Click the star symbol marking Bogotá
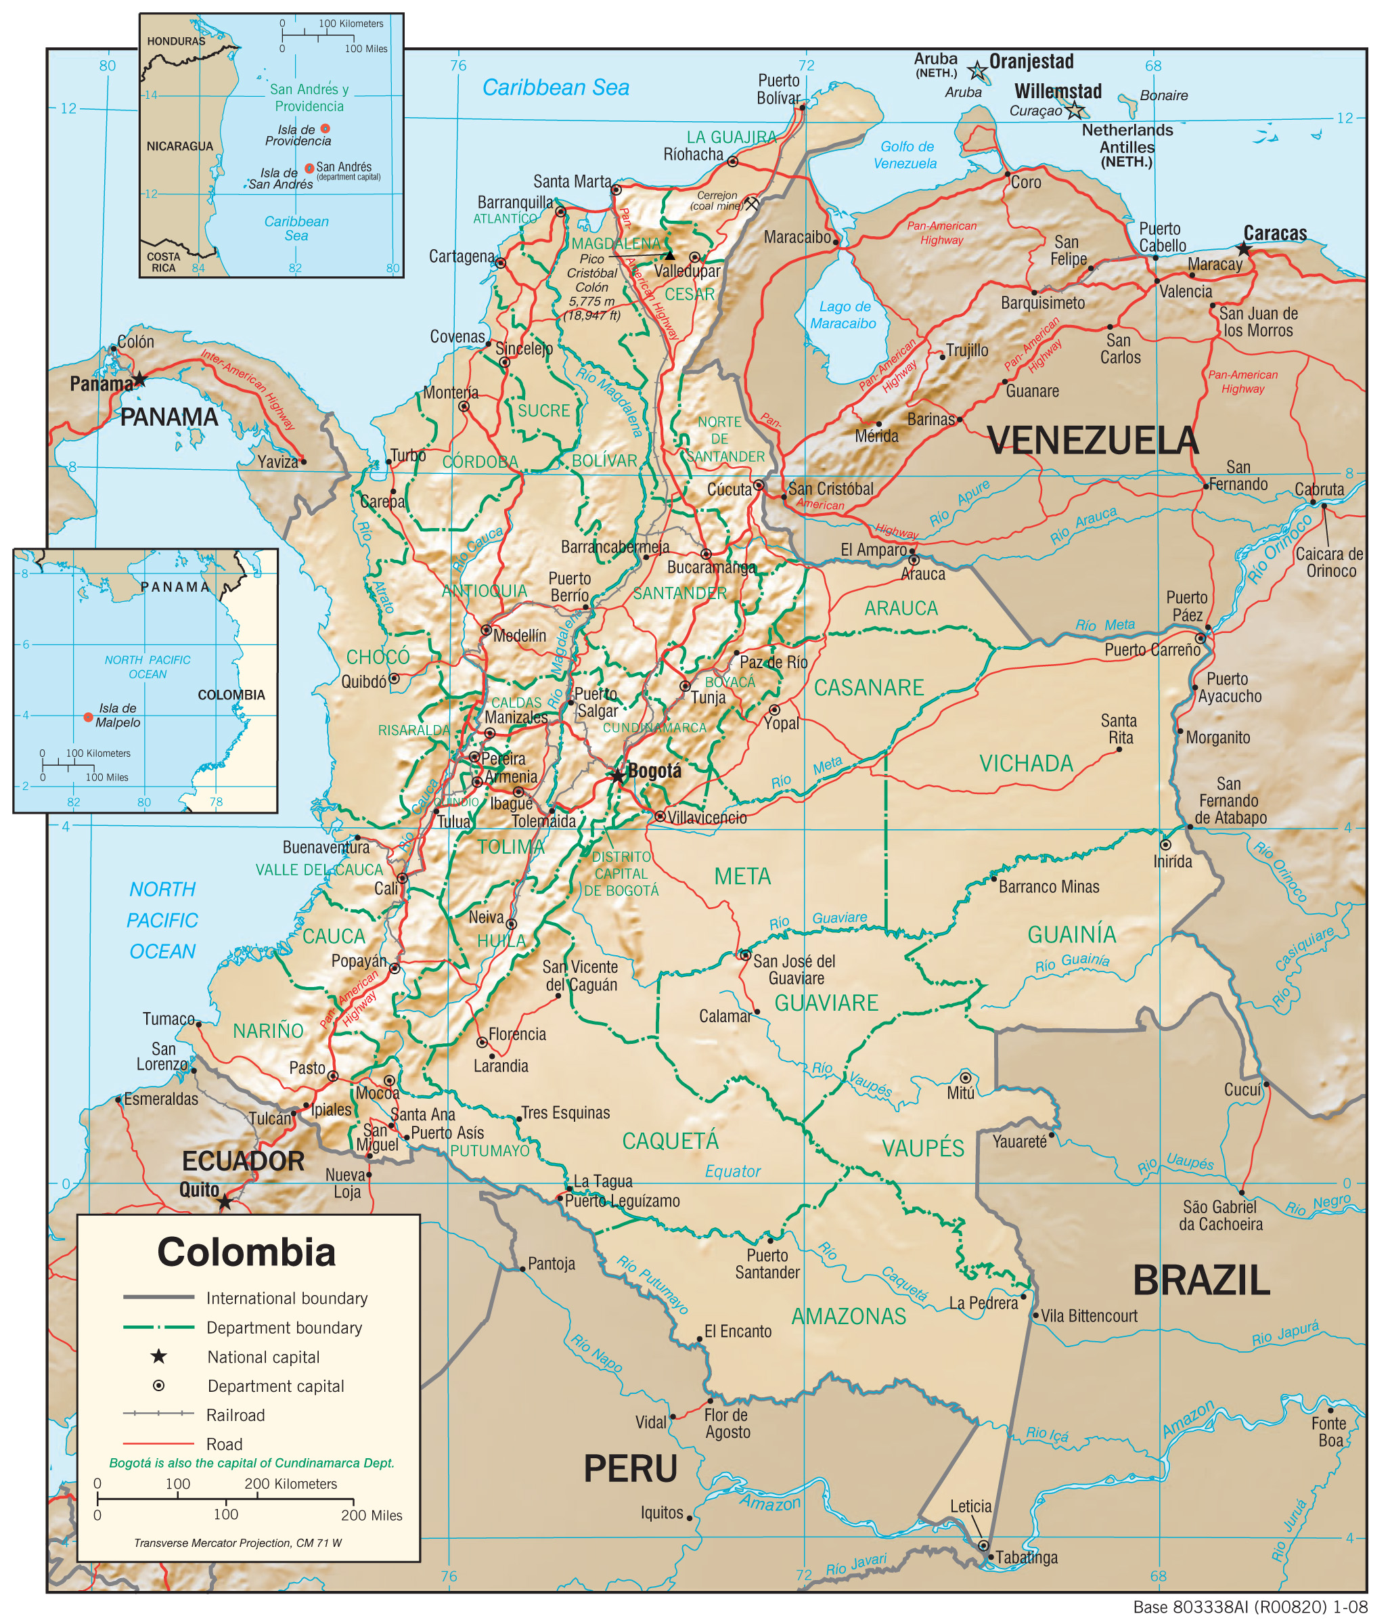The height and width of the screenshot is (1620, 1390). point(618,776)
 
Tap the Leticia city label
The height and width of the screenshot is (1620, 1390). point(970,1506)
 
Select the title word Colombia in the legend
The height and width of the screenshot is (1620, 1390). point(246,1252)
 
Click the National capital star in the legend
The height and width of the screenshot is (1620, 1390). point(159,1357)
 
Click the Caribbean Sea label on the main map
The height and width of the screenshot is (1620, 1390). point(555,87)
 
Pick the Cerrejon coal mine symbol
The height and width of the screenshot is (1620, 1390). point(751,204)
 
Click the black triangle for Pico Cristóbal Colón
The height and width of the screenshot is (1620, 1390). point(669,256)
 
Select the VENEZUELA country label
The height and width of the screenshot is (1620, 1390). point(1092,440)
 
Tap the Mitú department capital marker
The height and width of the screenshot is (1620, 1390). point(966,1077)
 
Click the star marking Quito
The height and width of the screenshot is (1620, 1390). point(225,1202)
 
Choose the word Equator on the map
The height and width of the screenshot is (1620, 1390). point(732,1171)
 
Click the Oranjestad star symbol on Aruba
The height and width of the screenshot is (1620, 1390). point(977,71)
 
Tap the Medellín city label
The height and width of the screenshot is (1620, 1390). point(519,636)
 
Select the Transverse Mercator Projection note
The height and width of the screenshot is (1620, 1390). point(238,1544)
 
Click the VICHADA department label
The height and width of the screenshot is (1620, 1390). point(1026,763)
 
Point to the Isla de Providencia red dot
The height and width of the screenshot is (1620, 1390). point(326,128)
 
